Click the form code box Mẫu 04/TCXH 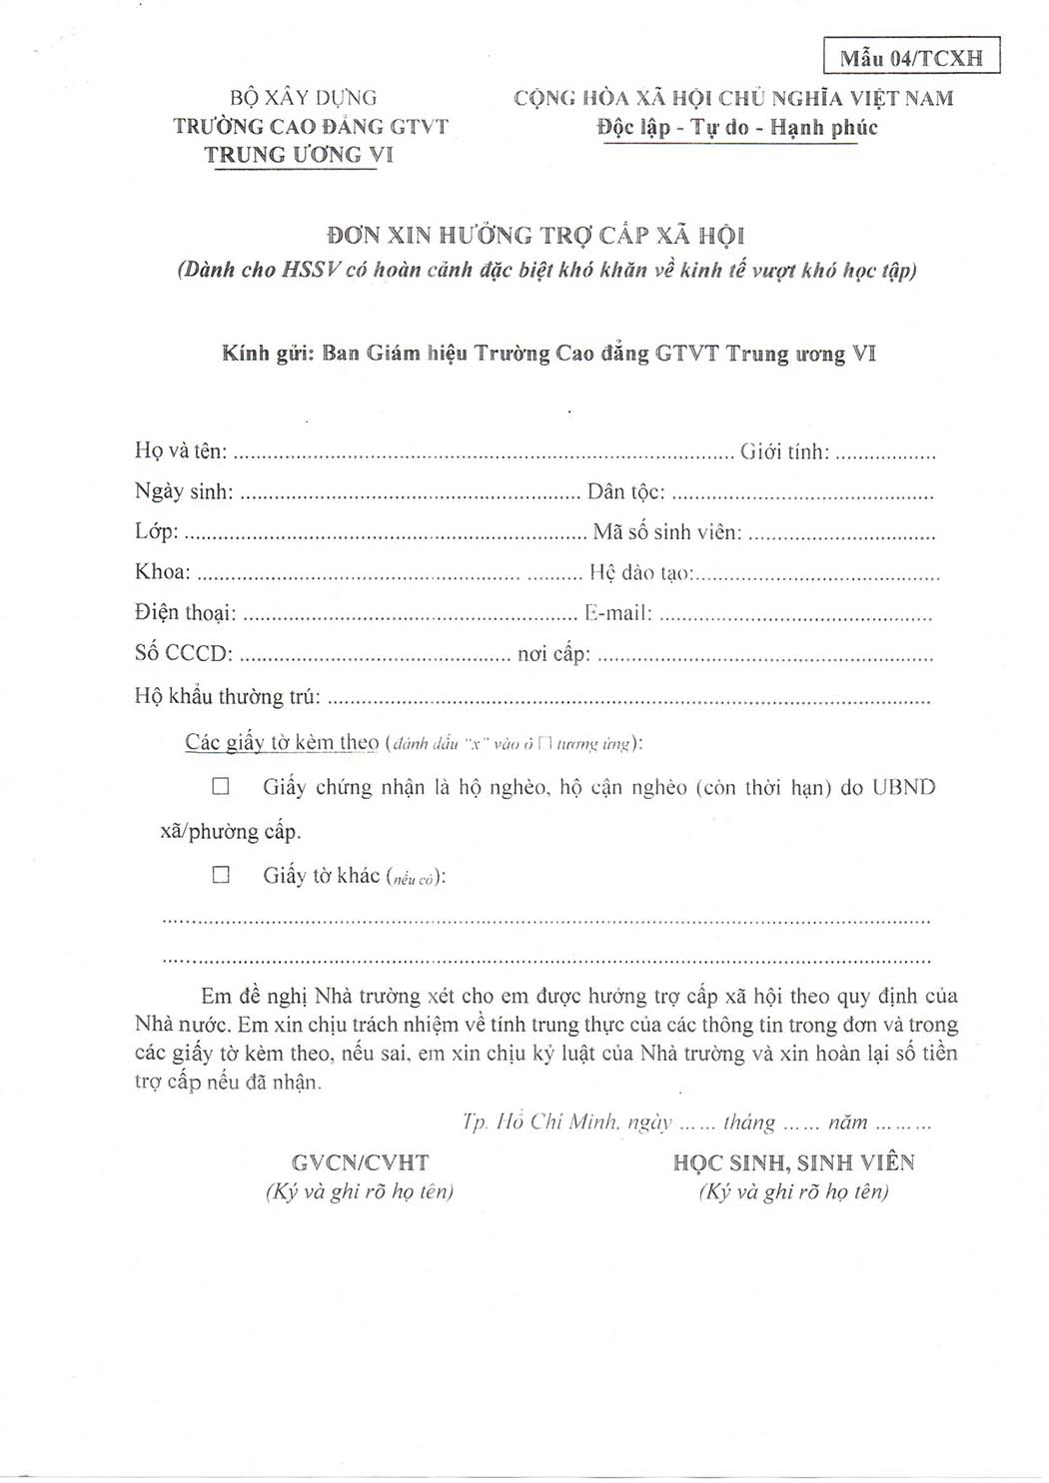click(911, 57)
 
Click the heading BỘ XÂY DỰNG click(304, 98)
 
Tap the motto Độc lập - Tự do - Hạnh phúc click(737, 128)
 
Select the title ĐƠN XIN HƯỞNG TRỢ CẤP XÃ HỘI click(536, 236)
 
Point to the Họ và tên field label click(181, 451)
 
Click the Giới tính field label click(784, 452)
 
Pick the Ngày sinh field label click(185, 491)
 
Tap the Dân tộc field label click(626, 492)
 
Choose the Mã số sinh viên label click(667, 532)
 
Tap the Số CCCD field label click(184, 654)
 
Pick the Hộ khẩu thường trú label click(228, 697)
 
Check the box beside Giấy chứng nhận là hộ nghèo click(221, 787)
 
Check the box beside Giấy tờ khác click(221, 875)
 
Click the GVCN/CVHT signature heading click(361, 1162)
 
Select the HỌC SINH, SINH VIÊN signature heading click(794, 1162)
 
